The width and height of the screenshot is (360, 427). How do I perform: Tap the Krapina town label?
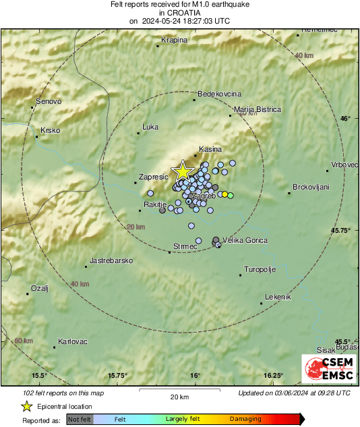tap(175, 40)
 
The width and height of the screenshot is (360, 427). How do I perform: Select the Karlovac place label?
tap(73, 341)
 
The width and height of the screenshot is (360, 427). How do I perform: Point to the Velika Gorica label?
tap(245, 240)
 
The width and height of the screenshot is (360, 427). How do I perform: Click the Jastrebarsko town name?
tap(111, 260)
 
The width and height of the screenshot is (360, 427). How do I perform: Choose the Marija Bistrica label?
tap(257, 109)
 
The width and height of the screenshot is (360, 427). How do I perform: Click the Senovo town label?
tap(48, 101)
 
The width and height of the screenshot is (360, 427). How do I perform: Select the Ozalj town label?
tap(40, 288)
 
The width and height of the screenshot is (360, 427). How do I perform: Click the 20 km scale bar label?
tap(179, 397)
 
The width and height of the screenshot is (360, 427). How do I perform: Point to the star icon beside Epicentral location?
tap(26, 407)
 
